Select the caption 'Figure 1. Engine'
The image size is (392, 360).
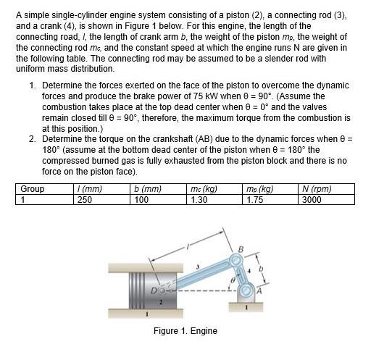point(185,330)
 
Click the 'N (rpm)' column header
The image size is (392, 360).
point(317,189)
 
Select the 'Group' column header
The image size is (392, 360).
point(32,189)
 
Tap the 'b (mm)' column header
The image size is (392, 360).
point(149,189)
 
